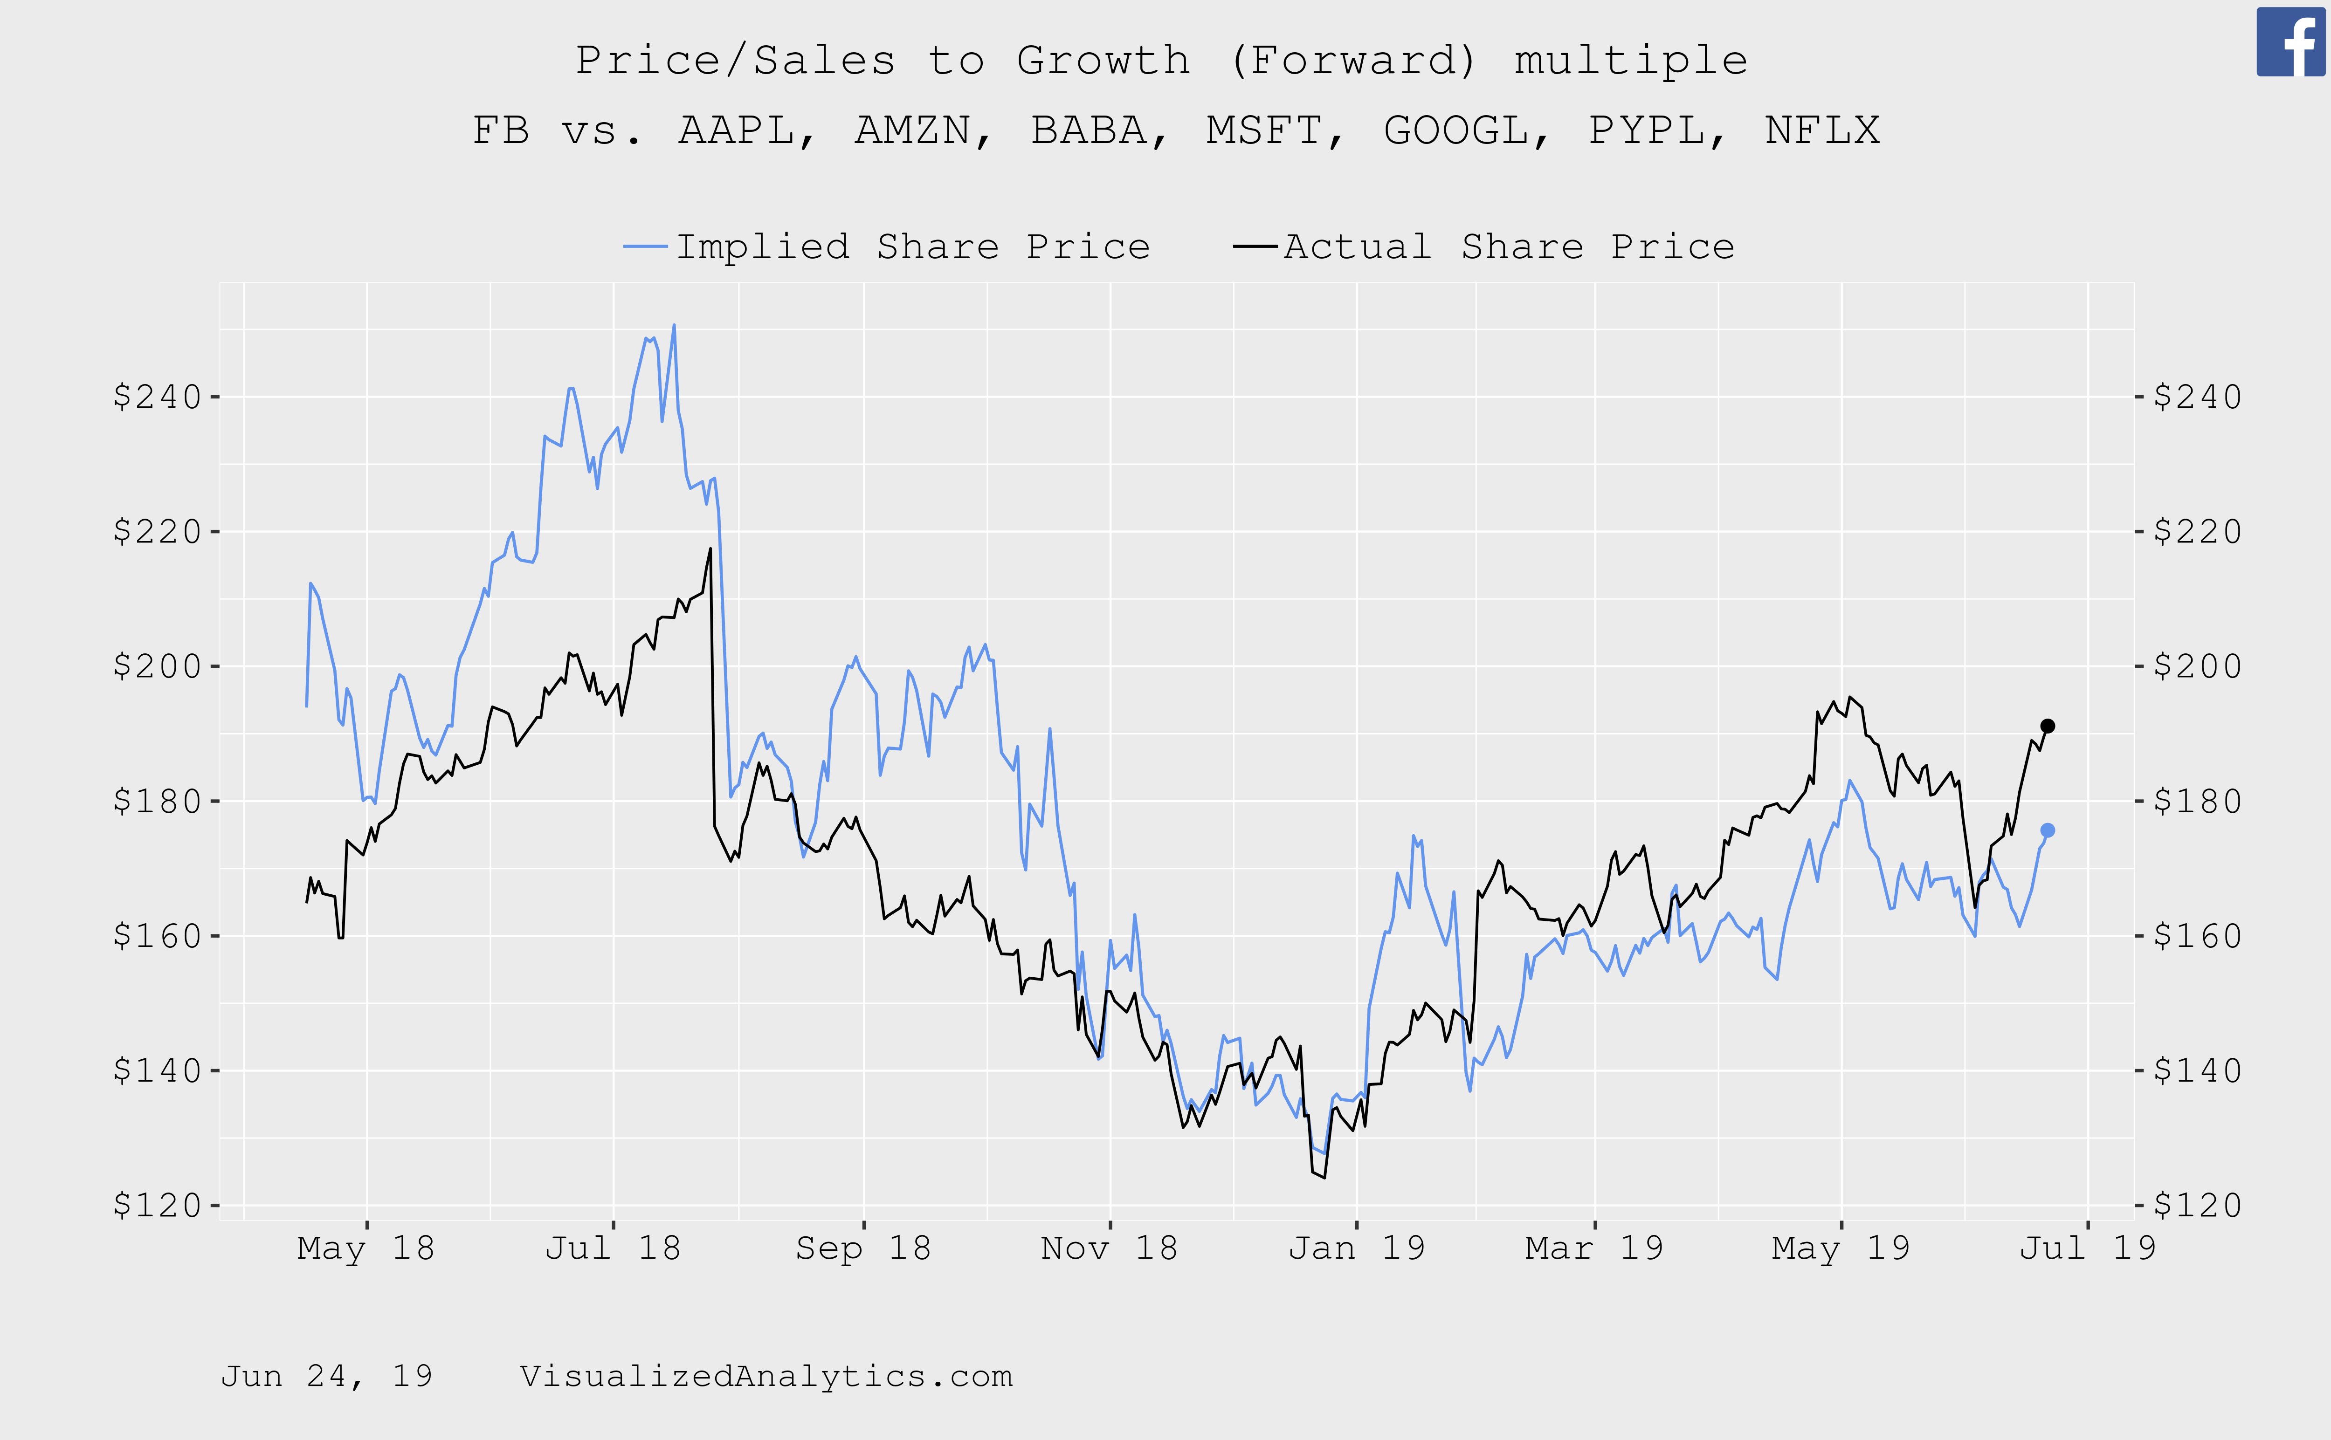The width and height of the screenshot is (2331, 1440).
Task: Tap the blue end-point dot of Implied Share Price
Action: point(2047,830)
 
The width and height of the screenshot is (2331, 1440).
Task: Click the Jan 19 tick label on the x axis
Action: point(1357,1248)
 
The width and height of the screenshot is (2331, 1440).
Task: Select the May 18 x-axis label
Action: point(366,1248)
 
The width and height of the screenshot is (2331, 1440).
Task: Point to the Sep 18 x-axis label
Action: point(863,1248)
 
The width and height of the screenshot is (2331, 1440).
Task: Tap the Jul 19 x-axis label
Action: point(2087,1248)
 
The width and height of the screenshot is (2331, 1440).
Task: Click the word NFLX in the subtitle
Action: point(1821,130)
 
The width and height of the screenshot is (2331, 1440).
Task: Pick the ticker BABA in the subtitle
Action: point(1089,130)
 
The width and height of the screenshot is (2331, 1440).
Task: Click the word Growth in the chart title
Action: point(1103,61)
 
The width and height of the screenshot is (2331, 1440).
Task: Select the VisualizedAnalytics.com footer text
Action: point(766,1376)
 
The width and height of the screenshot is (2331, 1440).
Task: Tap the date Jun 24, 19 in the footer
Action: point(327,1376)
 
